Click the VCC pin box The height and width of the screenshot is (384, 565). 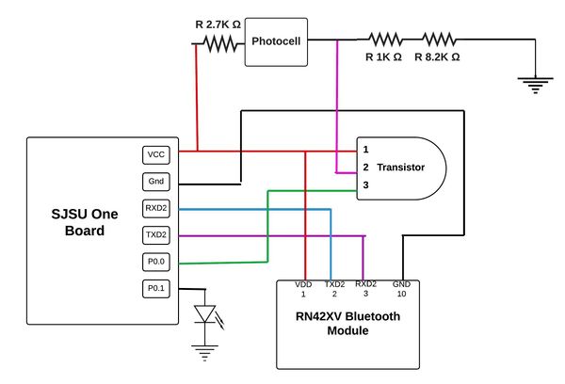point(156,155)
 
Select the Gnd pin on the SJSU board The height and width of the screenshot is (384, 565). point(156,182)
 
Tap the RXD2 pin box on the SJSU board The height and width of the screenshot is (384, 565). point(156,208)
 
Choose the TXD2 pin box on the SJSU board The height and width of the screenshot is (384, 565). point(156,235)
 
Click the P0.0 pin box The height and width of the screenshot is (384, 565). point(156,262)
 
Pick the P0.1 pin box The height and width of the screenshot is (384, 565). point(156,289)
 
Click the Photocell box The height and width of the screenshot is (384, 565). point(276,41)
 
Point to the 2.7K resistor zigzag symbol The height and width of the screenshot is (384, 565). point(220,43)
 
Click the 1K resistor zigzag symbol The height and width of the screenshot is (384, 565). point(385,40)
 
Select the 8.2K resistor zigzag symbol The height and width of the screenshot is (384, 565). point(439,40)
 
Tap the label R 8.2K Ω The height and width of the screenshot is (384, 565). point(437,56)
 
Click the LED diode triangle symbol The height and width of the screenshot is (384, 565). point(204,313)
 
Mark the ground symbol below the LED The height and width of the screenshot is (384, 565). point(204,353)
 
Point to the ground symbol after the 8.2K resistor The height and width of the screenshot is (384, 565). point(536,85)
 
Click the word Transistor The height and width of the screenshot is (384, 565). point(401,168)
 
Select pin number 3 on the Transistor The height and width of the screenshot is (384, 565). point(365,185)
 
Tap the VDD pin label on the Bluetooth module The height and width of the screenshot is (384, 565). point(303,284)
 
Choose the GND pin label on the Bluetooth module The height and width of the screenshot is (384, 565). point(401,284)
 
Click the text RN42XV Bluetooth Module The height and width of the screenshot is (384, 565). point(347,323)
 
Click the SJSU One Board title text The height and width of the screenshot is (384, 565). point(85,222)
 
